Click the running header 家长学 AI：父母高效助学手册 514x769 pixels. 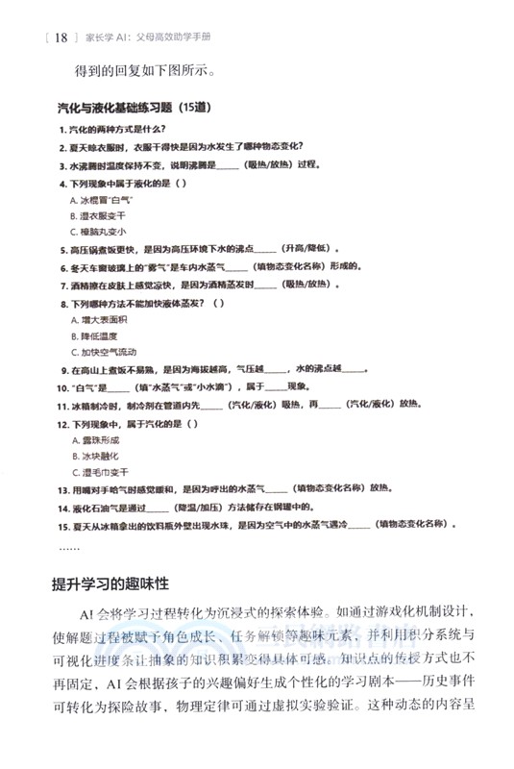click(x=151, y=38)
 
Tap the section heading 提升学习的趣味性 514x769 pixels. click(x=125, y=584)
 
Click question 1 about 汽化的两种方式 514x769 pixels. click(x=112, y=130)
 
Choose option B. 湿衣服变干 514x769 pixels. click(x=98, y=215)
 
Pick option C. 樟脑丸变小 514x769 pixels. click(x=98, y=232)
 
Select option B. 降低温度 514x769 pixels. click(x=94, y=335)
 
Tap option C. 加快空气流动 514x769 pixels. click(x=104, y=352)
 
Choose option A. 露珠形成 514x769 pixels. click(x=94, y=439)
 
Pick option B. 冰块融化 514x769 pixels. click(x=94, y=456)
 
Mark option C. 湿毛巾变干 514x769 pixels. click(x=98, y=472)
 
